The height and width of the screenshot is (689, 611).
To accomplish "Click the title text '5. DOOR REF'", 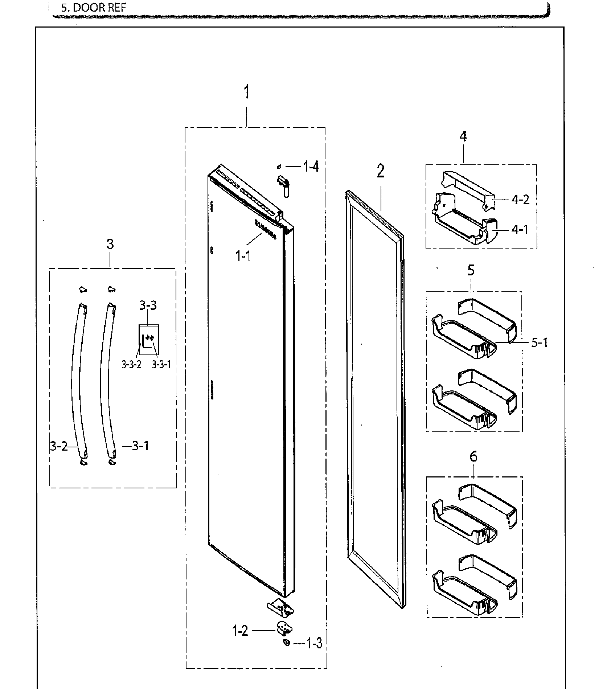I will (x=93, y=8).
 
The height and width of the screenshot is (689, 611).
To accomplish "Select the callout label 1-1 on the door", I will (x=243, y=256).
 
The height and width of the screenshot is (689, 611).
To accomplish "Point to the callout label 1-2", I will (x=240, y=632).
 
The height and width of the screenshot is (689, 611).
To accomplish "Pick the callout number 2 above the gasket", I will (x=380, y=171).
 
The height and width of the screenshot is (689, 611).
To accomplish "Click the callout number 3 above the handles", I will (x=110, y=244).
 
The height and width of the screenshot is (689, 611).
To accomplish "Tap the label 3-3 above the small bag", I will (x=148, y=305).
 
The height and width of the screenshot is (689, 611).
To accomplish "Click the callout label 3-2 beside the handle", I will (x=59, y=446).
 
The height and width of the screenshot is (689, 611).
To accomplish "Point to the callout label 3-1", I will (x=140, y=446).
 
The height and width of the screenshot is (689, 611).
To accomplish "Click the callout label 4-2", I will (x=520, y=199).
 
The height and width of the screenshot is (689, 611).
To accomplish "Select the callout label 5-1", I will (x=539, y=342).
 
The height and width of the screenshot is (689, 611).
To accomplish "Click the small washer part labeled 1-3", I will (x=287, y=643).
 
